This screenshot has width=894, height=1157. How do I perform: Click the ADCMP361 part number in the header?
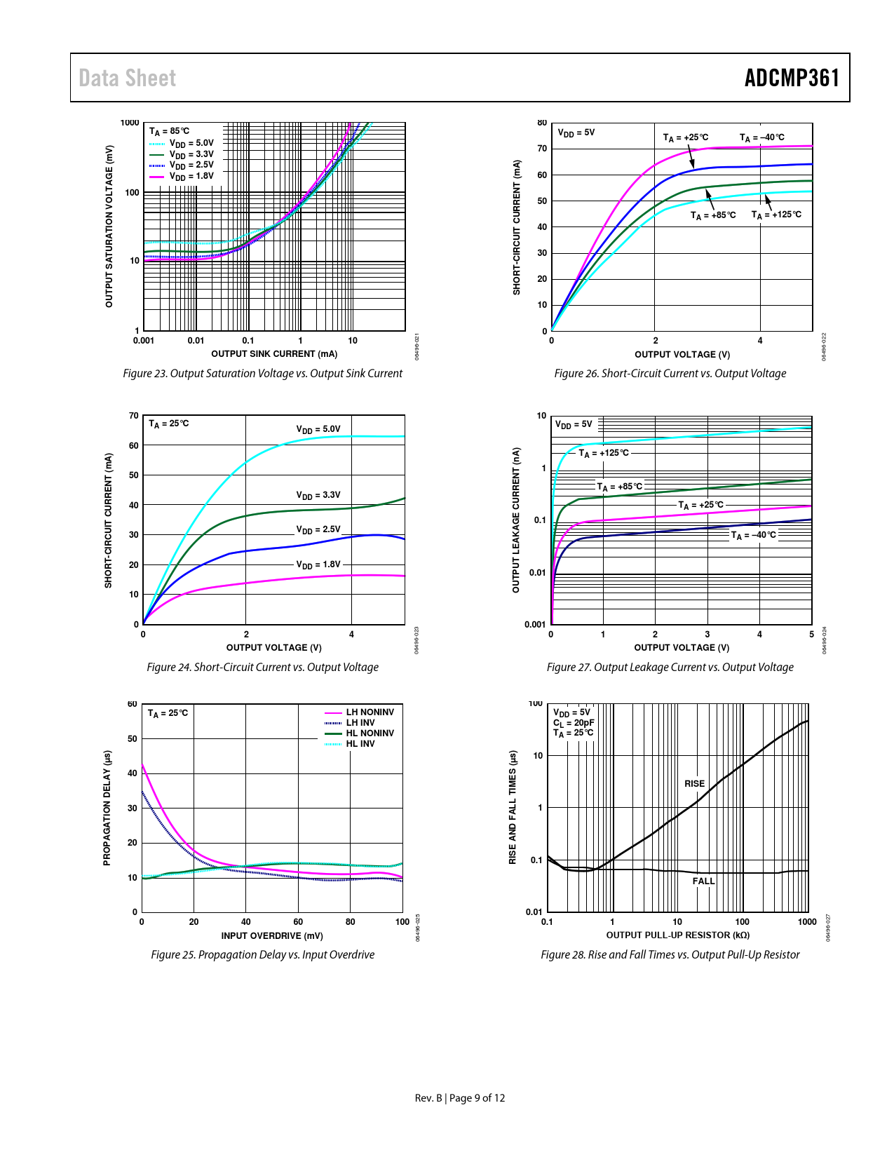[x=792, y=78]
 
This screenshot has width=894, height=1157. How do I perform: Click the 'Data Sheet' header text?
[x=127, y=78]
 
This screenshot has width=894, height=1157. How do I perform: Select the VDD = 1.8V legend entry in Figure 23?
[x=191, y=177]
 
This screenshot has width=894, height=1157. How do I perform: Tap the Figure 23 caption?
[x=262, y=374]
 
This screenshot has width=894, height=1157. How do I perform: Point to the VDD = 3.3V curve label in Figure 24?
[x=318, y=495]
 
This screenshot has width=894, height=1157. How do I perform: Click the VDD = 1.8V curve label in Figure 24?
[x=318, y=564]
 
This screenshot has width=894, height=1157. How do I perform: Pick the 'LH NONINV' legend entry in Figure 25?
[x=370, y=712]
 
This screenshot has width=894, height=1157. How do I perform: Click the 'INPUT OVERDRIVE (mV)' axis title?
[x=272, y=935]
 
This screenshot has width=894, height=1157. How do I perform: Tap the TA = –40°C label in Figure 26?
[x=761, y=137]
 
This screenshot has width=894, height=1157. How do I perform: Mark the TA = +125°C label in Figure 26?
[x=776, y=215]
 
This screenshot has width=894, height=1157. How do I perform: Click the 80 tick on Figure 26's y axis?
[x=542, y=123]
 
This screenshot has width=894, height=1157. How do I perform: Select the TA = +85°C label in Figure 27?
[x=619, y=487]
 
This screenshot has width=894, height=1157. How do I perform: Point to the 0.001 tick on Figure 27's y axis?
[x=535, y=624]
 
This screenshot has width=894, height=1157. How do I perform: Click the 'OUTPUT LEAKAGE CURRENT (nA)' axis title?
[x=516, y=520]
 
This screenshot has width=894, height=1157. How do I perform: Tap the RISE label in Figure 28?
[x=694, y=784]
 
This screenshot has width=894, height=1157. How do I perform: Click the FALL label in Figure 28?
[x=703, y=881]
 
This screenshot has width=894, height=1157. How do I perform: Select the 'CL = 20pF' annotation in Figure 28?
[x=574, y=723]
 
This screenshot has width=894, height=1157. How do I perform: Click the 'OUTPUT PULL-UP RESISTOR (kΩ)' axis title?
[x=677, y=935]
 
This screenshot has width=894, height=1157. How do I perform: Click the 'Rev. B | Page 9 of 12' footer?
[x=459, y=1098]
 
